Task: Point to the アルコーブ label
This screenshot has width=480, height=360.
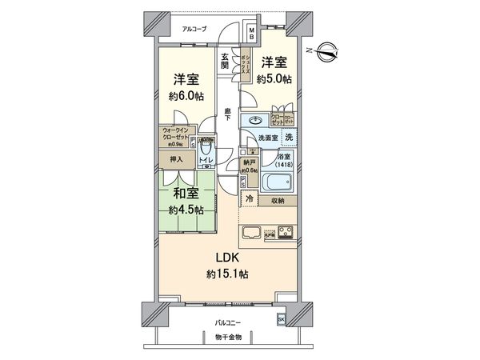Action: click(x=194, y=29)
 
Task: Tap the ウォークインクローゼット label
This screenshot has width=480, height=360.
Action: click(x=177, y=133)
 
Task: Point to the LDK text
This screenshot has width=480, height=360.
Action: click(x=226, y=258)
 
